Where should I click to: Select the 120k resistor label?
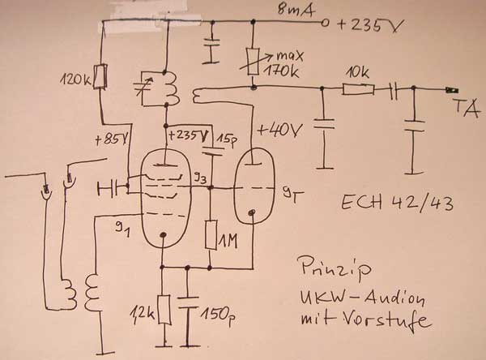tap(78, 80)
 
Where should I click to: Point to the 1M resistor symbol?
tap(209, 234)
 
